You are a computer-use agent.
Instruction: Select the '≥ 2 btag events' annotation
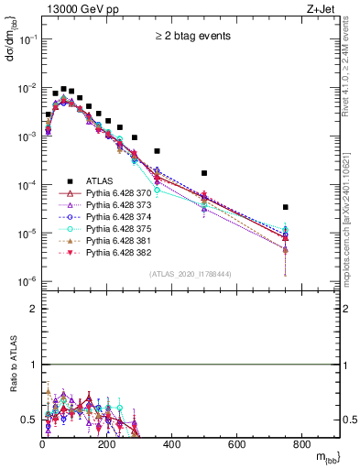191,37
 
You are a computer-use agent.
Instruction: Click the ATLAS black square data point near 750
286,207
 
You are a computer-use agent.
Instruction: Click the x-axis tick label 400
172,444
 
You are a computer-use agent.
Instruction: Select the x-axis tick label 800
301,444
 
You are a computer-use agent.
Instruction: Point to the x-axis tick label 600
237,444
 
